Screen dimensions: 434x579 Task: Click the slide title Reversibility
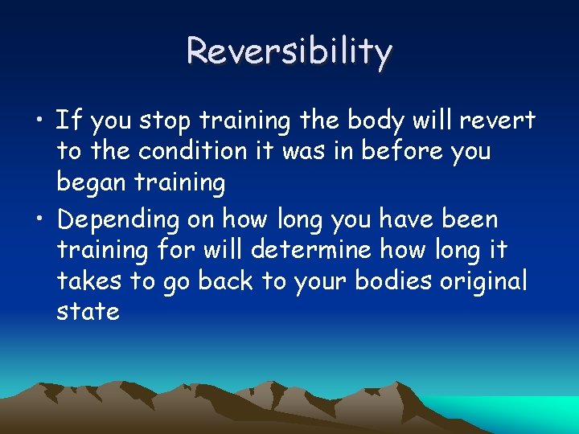point(289,51)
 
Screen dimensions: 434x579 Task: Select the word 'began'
point(90,183)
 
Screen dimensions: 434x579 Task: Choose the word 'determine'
point(314,249)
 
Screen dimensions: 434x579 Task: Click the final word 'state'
point(88,311)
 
